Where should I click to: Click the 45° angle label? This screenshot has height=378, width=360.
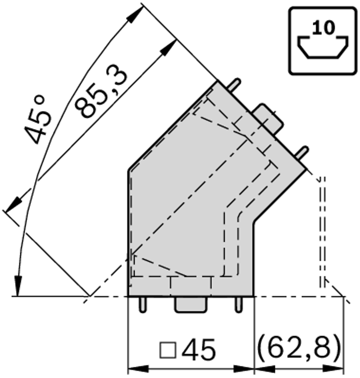click(38, 119)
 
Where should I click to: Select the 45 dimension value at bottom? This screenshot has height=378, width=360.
click(198, 349)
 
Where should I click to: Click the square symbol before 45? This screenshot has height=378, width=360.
click(168, 350)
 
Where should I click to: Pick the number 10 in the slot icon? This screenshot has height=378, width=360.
click(324, 28)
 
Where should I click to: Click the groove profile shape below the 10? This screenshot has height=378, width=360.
click(323, 47)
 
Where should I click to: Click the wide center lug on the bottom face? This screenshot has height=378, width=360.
click(191, 305)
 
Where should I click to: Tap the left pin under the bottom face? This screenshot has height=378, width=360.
click(143, 305)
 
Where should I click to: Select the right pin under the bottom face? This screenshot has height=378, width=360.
click(238, 305)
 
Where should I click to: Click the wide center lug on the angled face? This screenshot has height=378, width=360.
click(268, 118)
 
